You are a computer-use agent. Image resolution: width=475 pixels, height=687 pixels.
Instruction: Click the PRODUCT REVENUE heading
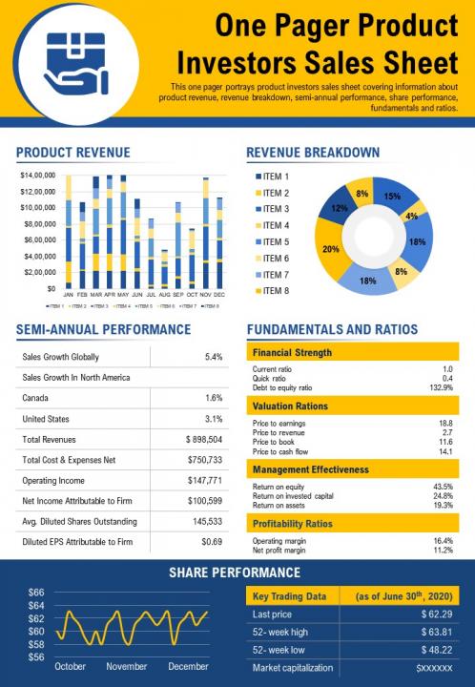coord(73,153)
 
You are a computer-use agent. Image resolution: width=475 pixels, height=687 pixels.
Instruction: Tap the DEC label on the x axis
coord(218,296)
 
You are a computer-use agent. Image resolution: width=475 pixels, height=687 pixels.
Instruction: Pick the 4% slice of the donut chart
coord(412,215)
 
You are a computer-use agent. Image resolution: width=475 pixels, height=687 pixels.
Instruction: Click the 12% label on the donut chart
coord(339,207)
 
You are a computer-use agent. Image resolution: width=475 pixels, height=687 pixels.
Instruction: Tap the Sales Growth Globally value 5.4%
coord(214,357)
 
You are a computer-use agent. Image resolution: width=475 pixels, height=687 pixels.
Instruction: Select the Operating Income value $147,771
coord(204,481)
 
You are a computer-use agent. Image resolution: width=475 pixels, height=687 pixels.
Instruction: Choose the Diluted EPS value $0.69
coord(212,542)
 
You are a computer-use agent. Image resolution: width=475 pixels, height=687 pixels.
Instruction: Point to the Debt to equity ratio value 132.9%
coord(440,387)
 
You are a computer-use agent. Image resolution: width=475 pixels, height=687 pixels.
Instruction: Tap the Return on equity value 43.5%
coord(443,487)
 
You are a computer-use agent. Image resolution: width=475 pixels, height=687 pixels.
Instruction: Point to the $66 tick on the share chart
coord(36,593)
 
